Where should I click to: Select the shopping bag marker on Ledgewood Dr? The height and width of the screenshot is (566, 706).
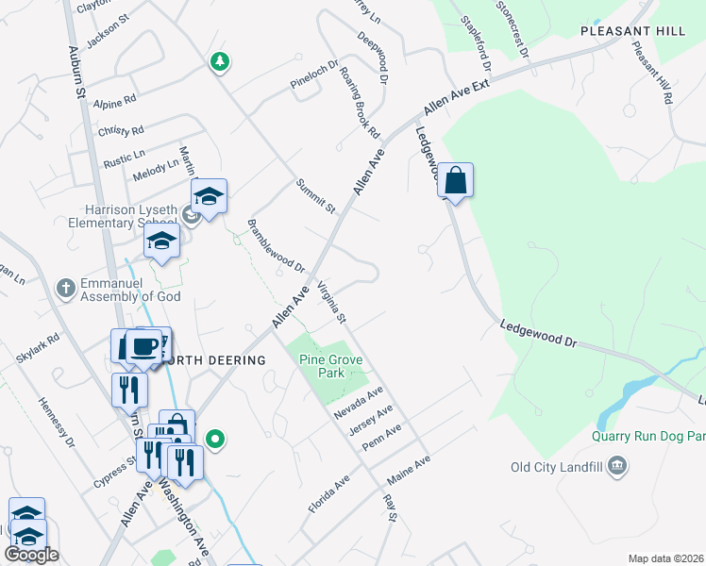tap(455, 180)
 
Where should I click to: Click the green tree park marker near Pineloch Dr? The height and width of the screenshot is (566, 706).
tap(220, 62)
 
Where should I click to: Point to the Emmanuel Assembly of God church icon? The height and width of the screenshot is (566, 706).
tap(64, 288)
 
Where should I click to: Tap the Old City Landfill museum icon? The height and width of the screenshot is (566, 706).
tap(617, 465)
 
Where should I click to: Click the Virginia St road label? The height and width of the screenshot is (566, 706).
tap(331, 302)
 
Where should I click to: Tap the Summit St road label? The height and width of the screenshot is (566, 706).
tap(315, 194)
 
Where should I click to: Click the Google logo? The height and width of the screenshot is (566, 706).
tap(31, 555)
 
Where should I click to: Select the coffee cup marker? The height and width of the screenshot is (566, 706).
tap(143, 347)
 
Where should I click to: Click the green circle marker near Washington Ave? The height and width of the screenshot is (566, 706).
tap(215, 438)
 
